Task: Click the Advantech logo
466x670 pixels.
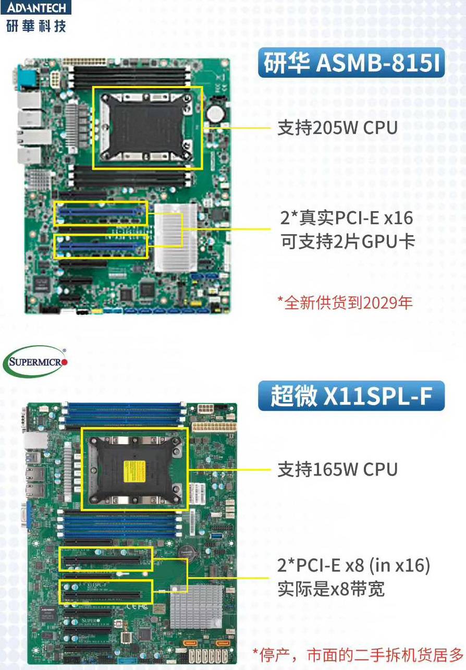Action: pyautogui.click(x=36, y=16)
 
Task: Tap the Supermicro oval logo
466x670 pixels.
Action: pyautogui.click(x=35, y=362)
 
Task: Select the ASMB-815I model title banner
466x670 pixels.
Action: pyautogui.click(x=351, y=63)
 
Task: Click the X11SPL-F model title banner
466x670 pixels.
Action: pyautogui.click(x=351, y=395)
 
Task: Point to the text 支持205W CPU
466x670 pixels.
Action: pyautogui.click(x=338, y=128)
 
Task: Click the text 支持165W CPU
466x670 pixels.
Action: pyautogui.click(x=338, y=469)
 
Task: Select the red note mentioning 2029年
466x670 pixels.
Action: pyautogui.click(x=345, y=303)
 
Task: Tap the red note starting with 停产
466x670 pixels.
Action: pyautogui.click(x=358, y=655)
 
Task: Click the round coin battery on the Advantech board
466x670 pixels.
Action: pyautogui.click(x=216, y=114)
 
